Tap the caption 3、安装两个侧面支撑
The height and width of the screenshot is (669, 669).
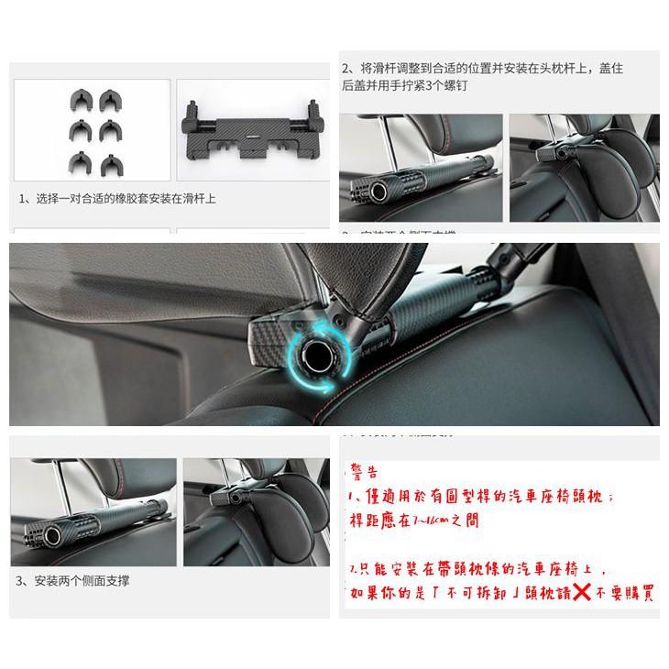[73, 581]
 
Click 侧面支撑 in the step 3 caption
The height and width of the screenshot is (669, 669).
[107, 581]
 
